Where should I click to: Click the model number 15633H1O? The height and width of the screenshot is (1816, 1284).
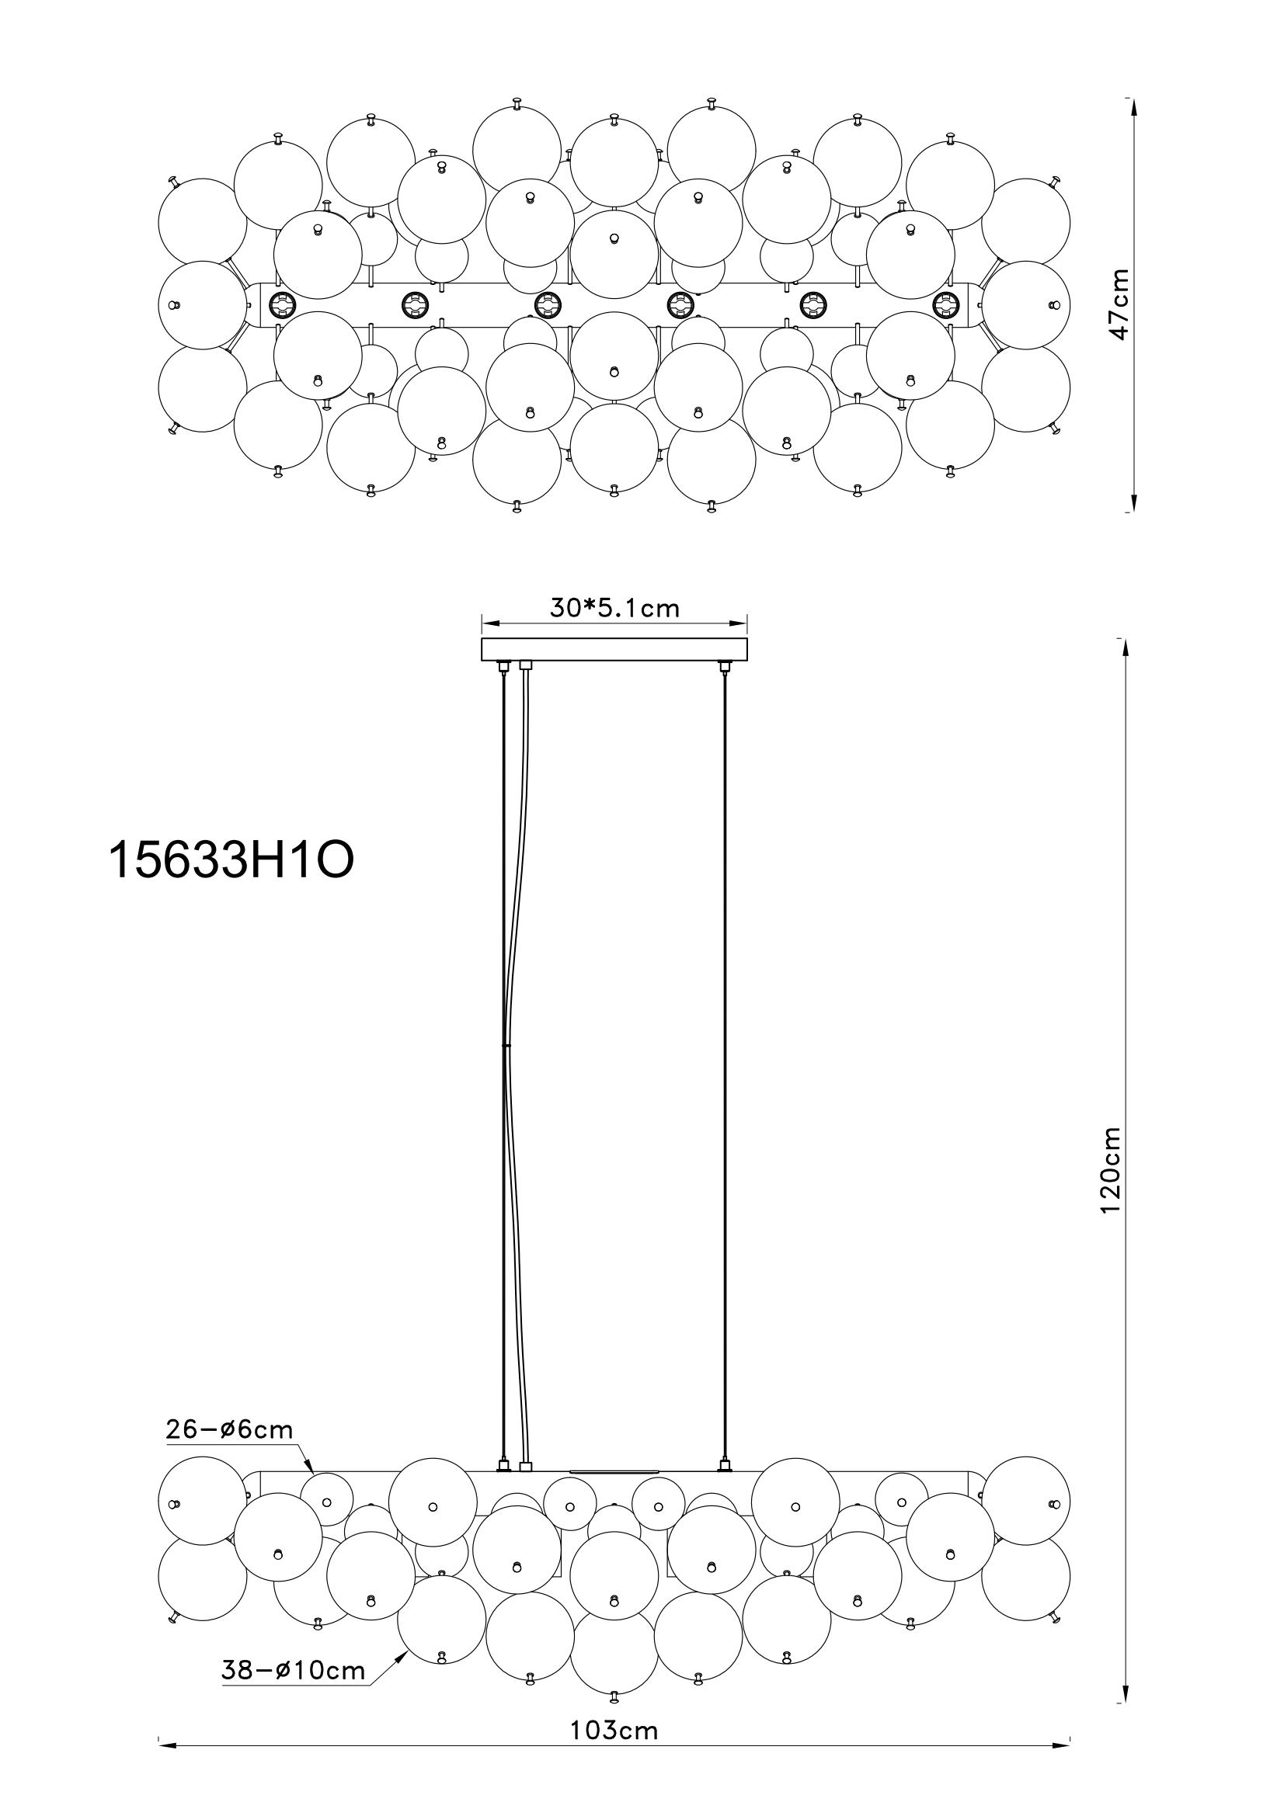230,859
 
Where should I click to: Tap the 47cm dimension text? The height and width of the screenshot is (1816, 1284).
1118,304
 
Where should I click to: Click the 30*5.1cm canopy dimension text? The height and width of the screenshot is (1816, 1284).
614,607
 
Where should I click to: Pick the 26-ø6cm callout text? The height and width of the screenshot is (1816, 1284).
229,1429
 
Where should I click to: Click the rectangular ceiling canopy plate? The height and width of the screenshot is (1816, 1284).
614,649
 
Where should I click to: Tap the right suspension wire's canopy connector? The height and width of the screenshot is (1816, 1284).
722,668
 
